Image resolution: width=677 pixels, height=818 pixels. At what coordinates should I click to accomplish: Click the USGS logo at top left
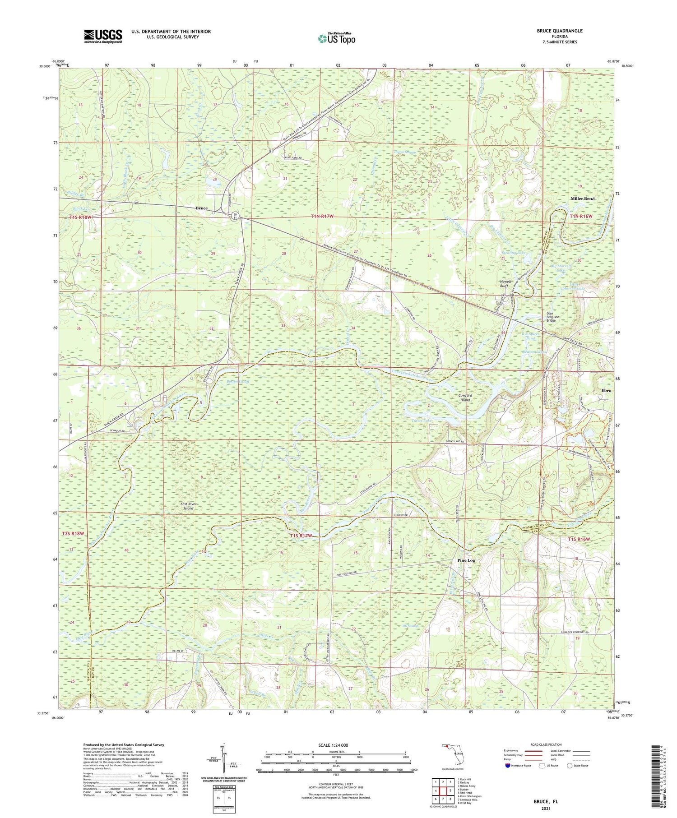102,36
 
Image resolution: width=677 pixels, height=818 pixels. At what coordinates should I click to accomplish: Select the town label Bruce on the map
201,208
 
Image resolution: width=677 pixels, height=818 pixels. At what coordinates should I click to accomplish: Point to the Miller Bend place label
583,199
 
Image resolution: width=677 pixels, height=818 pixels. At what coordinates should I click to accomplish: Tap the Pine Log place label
466,560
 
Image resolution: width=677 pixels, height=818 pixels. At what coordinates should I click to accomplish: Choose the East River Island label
185,506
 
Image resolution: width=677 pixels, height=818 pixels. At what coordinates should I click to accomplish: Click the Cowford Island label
465,397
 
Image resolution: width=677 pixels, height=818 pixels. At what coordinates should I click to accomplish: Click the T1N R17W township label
322,217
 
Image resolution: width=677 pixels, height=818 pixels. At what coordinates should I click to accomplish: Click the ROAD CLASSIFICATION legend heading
546,744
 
